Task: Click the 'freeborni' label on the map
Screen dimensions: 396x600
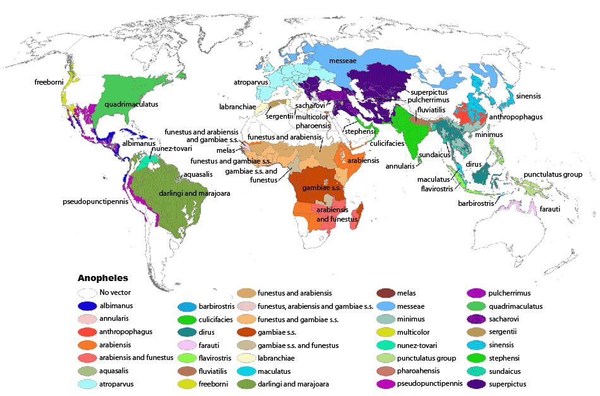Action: click(x=49, y=82)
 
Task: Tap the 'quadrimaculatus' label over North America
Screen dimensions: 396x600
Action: click(x=131, y=104)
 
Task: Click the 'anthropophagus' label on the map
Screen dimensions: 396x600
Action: click(x=516, y=117)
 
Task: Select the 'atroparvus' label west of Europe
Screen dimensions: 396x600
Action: click(x=251, y=82)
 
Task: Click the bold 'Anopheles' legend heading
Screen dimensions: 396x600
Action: click(x=102, y=278)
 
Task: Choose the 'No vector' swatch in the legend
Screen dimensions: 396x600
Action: click(x=87, y=293)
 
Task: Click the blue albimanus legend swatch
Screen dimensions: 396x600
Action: click(x=87, y=306)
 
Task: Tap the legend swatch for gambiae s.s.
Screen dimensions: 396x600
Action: click(x=246, y=332)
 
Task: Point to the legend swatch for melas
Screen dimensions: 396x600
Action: click(x=385, y=293)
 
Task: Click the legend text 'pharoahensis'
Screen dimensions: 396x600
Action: click(x=419, y=371)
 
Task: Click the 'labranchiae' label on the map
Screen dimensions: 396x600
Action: click(x=237, y=107)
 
